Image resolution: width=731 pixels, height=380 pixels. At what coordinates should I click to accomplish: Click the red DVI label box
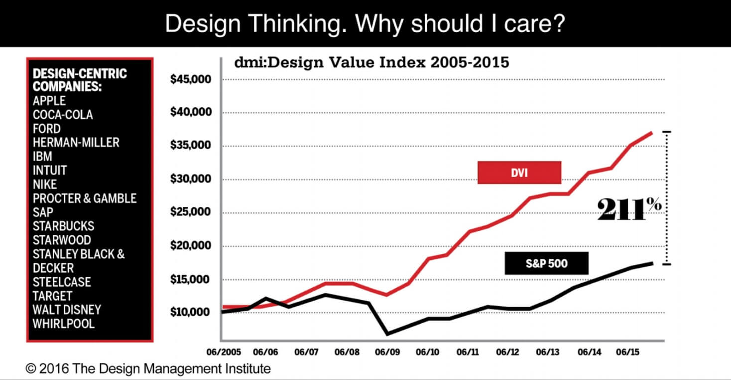coord(519,173)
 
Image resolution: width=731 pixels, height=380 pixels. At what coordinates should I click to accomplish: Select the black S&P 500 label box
coord(546,263)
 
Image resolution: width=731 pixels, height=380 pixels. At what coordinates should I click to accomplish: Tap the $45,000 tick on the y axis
coord(191,79)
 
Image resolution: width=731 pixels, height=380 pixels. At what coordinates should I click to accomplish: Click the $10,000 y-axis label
coord(191,312)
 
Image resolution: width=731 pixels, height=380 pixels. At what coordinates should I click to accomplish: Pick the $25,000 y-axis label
coord(191,212)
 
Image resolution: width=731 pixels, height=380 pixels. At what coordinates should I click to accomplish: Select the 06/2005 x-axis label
coord(224,352)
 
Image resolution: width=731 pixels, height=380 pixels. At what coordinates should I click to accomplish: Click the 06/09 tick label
coord(387,352)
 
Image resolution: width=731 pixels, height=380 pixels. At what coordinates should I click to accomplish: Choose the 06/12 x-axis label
coord(508,352)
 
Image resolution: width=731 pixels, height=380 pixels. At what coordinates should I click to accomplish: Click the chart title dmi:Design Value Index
coord(371,63)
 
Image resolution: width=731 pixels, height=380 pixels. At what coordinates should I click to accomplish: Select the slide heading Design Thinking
coord(365,23)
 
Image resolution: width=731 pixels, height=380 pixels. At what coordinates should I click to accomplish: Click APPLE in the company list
coord(49,101)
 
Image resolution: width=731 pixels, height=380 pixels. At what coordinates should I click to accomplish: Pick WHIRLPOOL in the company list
coord(63,323)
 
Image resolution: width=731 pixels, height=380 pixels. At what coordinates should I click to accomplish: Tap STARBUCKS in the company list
coord(63,226)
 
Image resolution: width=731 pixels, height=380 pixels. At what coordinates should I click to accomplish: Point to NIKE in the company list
coord(45,184)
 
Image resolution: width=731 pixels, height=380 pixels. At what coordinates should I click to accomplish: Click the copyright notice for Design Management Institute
coord(148,369)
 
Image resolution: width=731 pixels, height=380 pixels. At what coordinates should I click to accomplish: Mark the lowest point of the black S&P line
coord(387,334)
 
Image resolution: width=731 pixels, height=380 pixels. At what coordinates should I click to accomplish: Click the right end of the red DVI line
coord(652,133)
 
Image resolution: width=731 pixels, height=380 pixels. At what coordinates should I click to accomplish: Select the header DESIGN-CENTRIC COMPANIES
coord(80,80)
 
